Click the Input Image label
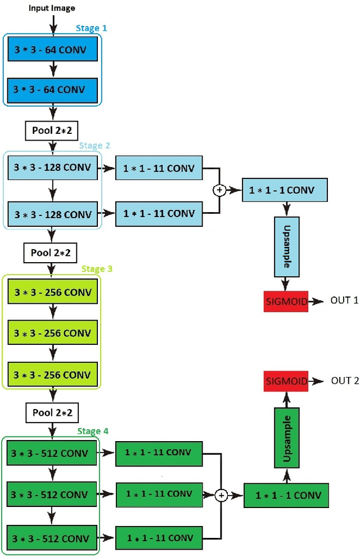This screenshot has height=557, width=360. coord(52,8)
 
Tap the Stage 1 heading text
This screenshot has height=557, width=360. coord(91,28)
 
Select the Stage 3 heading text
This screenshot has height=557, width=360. coord(97,269)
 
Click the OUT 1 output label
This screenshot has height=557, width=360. coord(344,300)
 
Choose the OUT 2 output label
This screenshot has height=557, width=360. coord(344,381)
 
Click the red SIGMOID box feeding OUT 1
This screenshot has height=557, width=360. coord(286,302)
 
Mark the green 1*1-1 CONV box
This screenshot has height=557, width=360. coord(286,496)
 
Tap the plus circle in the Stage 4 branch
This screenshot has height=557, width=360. coord(221,495)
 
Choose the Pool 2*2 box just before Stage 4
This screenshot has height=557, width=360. coord(52,412)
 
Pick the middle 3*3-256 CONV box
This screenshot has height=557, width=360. coord(52,333)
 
